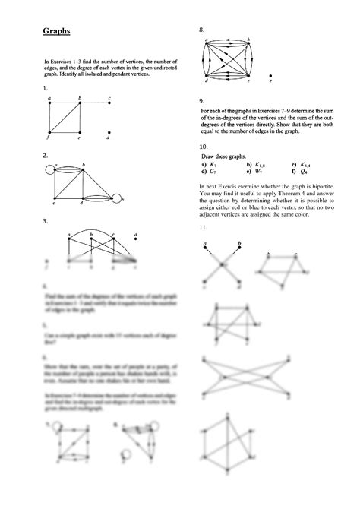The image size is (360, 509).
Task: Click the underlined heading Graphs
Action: coord(55,32)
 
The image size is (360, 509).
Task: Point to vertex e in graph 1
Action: coord(79,134)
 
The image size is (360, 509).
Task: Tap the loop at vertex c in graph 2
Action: coord(115,198)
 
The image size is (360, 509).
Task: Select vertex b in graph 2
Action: coord(82,169)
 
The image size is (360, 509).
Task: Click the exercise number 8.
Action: coord(202,30)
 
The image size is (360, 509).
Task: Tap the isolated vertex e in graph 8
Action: coord(270,78)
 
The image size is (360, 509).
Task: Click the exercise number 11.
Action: coord(203,228)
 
